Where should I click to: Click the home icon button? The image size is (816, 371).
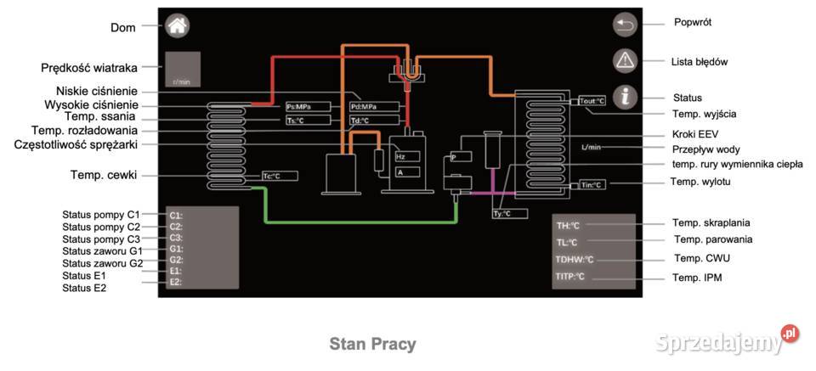pyautogui.click(x=177, y=25)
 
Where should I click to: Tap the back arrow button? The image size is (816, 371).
pyautogui.click(x=625, y=25)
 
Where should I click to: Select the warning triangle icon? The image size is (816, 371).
pyautogui.click(x=625, y=60)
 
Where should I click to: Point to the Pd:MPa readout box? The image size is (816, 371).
pyautogui.click(x=374, y=107)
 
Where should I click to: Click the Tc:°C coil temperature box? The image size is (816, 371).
pyautogui.click(x=280, y=176)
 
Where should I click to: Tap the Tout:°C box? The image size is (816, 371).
pyautogui.click(x=592, y=101)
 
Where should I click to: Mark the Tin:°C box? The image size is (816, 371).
pyautogui.click(x=592, y=184)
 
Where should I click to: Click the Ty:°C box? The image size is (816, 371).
pyautogui.click(x=503, y=213)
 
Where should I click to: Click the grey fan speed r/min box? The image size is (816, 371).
pyautogui.click(x=182, y=70)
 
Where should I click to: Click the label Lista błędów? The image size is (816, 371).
pyautogui.click(x=700, y=62)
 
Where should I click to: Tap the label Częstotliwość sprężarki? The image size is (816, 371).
pyautogui.click(x=76, y=144)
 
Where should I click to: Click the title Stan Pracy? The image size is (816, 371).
pyautogui.click(x=372, y=344)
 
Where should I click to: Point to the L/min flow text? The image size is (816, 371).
pyautogui.click(x=591, y=147)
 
